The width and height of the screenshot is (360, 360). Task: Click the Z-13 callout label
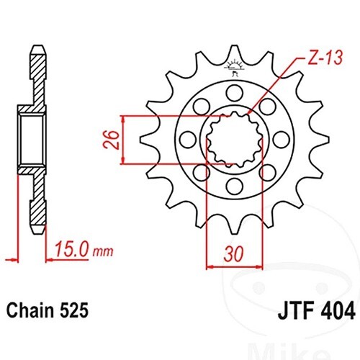(x=325, y=58)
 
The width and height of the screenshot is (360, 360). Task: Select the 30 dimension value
(x=233, y=253)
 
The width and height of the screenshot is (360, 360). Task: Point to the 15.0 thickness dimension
(x=71, y=250)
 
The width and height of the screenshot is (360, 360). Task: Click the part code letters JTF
(x=295, y=311)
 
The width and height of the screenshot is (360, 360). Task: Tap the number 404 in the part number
(x=337, y=311)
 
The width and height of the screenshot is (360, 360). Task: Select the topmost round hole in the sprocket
(x=235, y=93)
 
